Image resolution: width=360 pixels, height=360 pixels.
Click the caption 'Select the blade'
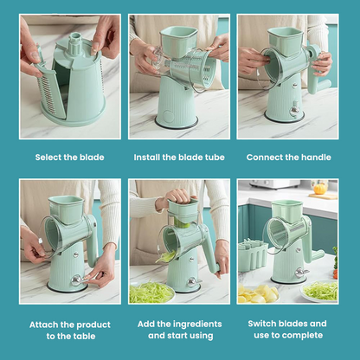point(69,157)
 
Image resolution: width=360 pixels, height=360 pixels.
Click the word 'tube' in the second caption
point(215,157)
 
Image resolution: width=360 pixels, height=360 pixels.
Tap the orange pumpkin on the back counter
point(319,189)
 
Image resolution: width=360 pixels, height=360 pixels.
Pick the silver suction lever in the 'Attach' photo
point(77,280)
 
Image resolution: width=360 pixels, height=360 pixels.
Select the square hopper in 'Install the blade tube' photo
point(178,41)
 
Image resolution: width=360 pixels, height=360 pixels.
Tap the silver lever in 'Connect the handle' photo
point(294,110)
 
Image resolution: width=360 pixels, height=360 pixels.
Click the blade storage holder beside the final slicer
point(253,255)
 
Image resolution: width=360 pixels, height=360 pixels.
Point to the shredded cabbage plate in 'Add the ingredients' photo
point(151,292)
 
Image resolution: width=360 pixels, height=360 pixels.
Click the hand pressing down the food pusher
point(177,197)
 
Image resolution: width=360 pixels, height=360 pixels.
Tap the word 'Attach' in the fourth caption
point(43,325)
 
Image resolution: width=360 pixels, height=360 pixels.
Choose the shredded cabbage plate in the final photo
point(320,292)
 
